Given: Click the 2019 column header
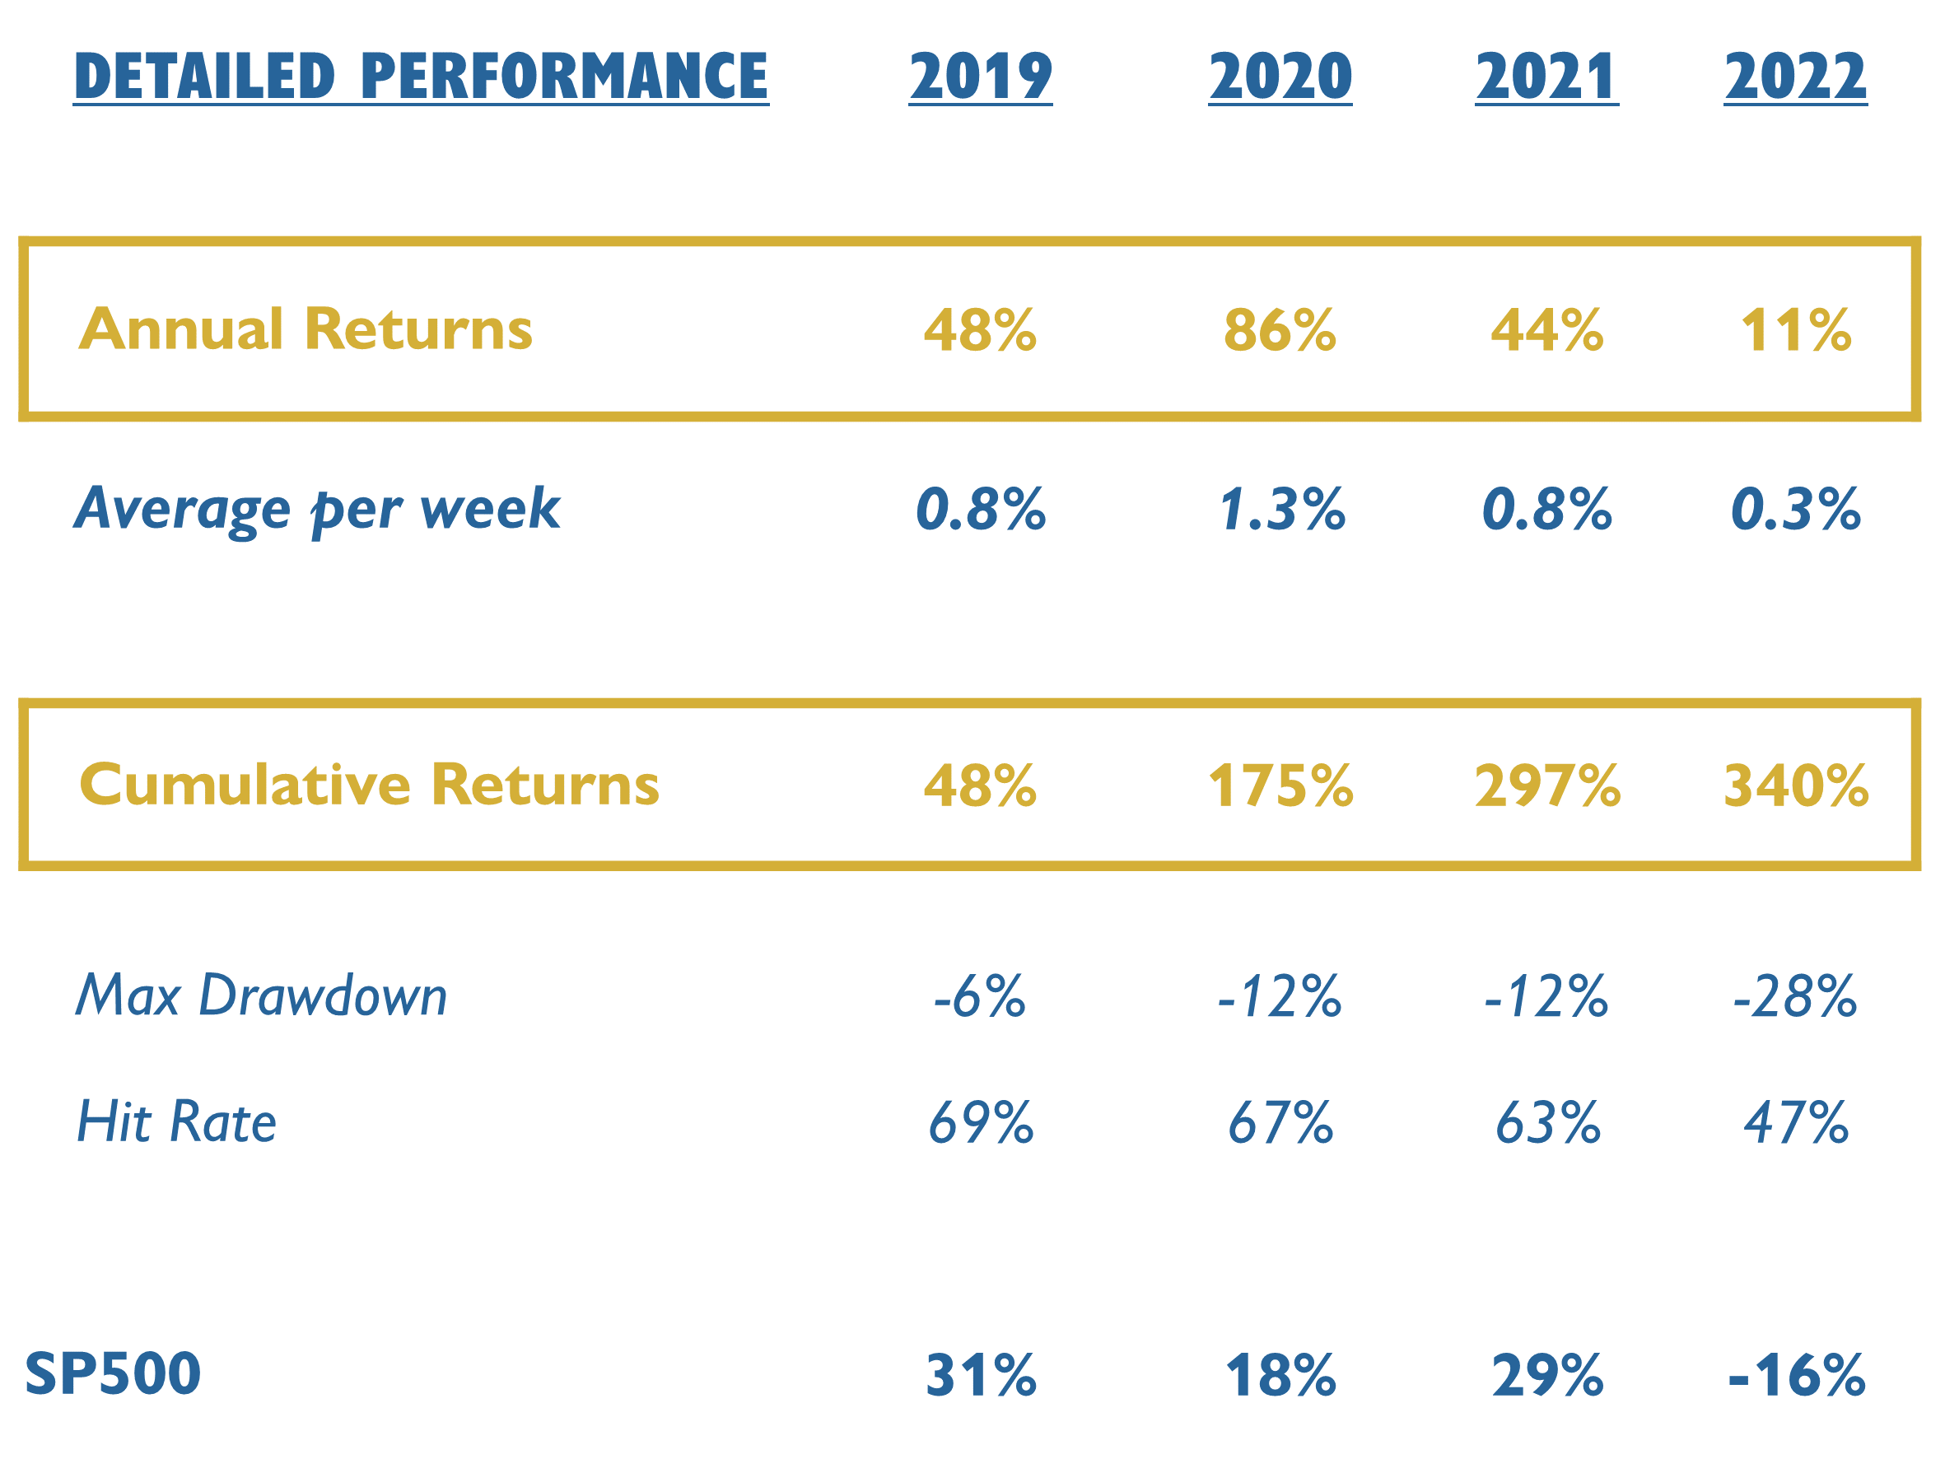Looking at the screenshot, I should tap(980, 77).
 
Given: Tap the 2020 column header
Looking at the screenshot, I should tap(1280, 77).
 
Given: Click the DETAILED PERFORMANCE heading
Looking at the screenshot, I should tap(420, 77).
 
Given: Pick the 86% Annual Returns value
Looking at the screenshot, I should tap(1280, 331).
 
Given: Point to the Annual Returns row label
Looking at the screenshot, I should tap(306, 329).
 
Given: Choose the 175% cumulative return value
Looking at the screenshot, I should tap(1280, 785).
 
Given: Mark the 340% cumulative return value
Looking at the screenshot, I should tap(1794, 785).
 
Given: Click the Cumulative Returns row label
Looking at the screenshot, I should tap(368, 785).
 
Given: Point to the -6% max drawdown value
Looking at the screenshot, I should tap(980, 996).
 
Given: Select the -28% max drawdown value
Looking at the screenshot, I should tap(1793, 996).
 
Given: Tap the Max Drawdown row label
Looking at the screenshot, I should tap(261, 995).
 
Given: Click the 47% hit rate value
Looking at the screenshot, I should tap(1795, 1123).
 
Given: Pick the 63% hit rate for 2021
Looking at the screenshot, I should tap(1546, 1123).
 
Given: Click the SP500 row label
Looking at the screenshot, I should tap(113, 1373).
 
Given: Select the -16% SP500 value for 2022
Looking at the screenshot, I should tap(1794, 1376).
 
